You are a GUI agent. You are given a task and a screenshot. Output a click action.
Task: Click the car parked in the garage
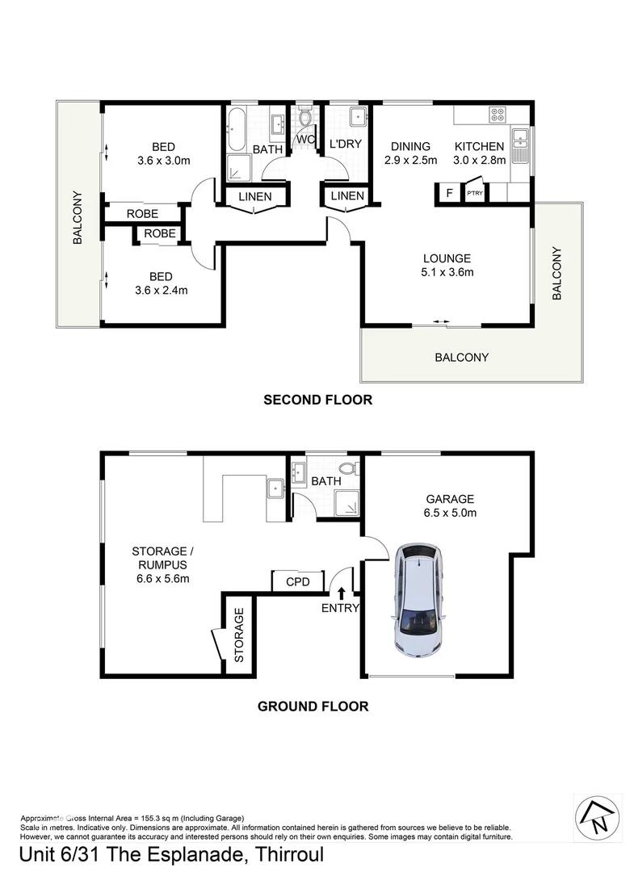coord(418,597)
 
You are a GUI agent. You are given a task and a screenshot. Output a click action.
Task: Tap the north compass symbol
coord(598,815)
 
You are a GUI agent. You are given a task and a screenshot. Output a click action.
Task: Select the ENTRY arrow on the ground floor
coord(340,596)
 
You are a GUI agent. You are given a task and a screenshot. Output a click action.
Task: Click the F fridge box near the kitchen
coord(448,194)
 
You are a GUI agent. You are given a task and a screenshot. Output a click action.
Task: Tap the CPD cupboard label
coord(292,581)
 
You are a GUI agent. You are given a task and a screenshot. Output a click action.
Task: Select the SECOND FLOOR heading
coord(317,400)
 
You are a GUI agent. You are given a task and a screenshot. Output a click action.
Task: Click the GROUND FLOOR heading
coord(313,706)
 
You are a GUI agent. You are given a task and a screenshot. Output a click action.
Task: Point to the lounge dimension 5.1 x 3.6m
coord(447,272)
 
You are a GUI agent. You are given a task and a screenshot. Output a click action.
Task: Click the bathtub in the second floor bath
coord(237,131)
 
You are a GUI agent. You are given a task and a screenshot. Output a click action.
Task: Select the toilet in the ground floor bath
coord(348,468)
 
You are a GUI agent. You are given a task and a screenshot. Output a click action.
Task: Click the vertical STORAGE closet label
coord(239,635)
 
